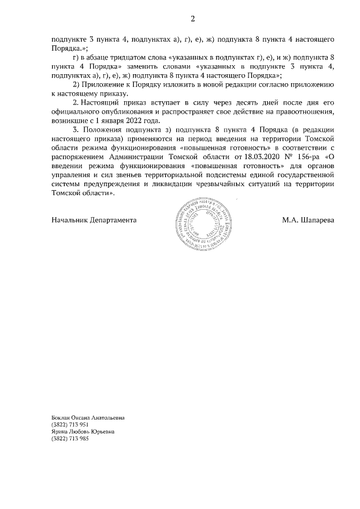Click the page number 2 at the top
(x=192, y=19)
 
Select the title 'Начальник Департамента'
(x=94, y=220)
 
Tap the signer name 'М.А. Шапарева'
(x=308, y=220)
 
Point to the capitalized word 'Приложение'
(x=102, y=84)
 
